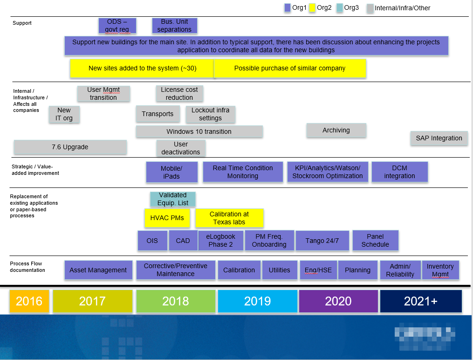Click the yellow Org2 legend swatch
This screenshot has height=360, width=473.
click(312, 7)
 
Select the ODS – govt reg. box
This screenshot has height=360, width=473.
click(117, 26)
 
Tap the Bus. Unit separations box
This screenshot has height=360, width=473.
click(174, 26)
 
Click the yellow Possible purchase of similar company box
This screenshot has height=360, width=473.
click(289, 68)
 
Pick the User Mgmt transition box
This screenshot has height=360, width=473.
click(103, 94)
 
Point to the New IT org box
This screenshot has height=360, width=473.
click(64, 114)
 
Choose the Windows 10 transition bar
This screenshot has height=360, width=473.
click(199, 132)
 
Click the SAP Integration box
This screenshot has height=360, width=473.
click(439, 138)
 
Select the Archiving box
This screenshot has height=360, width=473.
click(336, 131)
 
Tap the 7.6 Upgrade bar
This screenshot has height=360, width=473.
click(70, 147)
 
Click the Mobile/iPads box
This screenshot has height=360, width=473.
click(171, 172)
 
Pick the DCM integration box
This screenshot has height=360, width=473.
click(399, 172)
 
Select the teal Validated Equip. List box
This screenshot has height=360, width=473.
click(172, 199)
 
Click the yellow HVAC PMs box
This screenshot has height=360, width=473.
click(167, 218)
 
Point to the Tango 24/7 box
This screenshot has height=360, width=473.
click(322, 241)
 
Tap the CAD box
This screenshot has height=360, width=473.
click(183, 241)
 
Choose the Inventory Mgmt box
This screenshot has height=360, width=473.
click(440, 270)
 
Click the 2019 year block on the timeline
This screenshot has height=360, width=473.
click(257, 301)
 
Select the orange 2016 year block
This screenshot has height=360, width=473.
click(29, 301)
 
